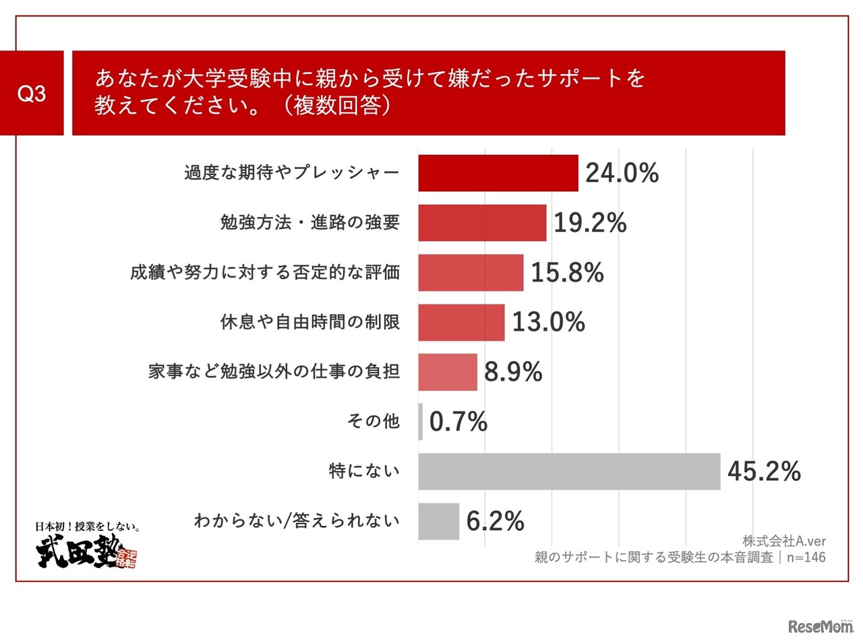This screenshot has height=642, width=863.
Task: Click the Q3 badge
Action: [x=32, y=93]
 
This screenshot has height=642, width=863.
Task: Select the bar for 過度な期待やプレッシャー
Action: [x=498, y=173]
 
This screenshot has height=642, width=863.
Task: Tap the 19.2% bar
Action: [x=482, y=223]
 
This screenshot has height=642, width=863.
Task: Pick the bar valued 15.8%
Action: [x=471, y=273]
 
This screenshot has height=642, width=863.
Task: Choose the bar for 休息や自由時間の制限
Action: [x=461, y=323]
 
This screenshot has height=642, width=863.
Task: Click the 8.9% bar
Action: [x=447, y=372]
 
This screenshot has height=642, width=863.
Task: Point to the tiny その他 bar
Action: [x=421, y=422]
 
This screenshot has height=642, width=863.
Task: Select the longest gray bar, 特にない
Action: [x=569, y=472]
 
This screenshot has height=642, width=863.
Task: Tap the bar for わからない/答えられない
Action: [x=438, y=521]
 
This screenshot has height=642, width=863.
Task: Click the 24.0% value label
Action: [x=622, y=173]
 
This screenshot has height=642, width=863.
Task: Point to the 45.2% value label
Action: [x=764, y=472]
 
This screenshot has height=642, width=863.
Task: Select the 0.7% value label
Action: [x=458, y=422]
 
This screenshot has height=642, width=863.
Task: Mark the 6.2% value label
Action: [x=495, y=521]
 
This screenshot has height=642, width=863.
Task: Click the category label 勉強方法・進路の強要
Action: [x=309, y=222]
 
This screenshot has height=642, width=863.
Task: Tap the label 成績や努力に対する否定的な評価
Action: [x=265, y=272]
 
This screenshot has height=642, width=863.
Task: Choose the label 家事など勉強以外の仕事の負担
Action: [x=274, y=371]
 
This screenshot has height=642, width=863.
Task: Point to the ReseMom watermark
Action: [x=820, y=626]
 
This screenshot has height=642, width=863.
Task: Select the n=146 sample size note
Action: [x=806, y=557]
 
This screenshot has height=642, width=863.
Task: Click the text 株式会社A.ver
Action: [x=784, y=541]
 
